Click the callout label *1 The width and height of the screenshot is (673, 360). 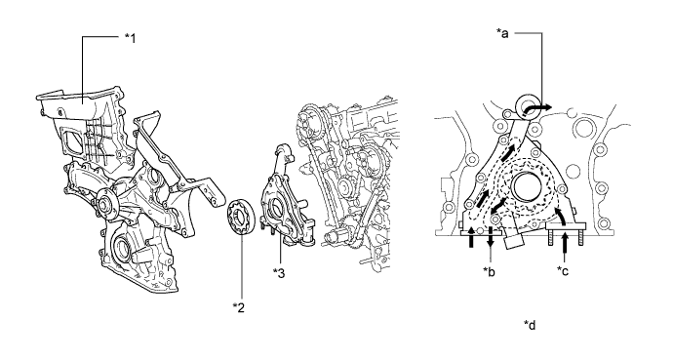pyautogui.click(x=130, y=39)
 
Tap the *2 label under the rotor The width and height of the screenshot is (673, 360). pyautogui.click(x=239, y=307)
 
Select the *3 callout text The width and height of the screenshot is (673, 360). pyautogui.click(x=279, y=273)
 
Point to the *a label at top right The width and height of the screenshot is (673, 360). pyautogui.click(x=502, y=33)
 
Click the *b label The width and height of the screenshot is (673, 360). pyautogui.click(x=490, y=271)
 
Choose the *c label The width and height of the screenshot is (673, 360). pyautogui.click(x=563, y=270)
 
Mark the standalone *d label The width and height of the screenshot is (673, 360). pyautogui.click(x=530, y=325)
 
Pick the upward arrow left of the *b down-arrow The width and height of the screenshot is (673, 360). pyautogui.click(x=471, y=237)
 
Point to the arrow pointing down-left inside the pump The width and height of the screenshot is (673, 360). pyautogui.click(x=497, y=207)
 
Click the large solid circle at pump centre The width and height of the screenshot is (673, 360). pyautogui.click(x=529, y=185)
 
